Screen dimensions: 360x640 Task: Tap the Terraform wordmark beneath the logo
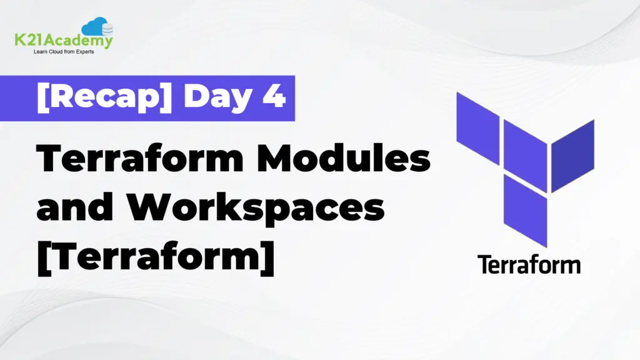529,264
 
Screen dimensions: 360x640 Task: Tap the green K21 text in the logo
27,42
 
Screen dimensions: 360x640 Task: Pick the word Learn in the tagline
39,52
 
